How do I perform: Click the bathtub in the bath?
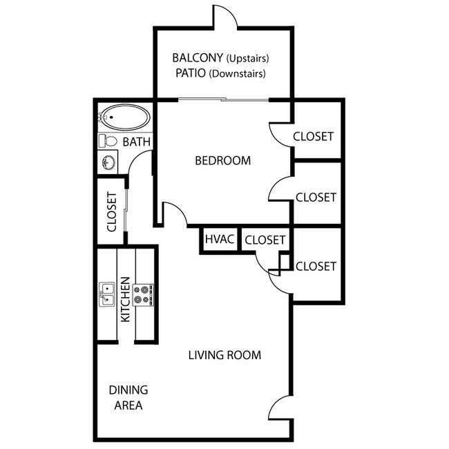click(124, 117)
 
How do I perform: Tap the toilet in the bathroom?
click(107, 141)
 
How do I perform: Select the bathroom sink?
click(108, 163)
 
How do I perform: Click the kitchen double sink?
click(108, 294)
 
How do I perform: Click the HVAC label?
click(220, 240)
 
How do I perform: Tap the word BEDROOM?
click(222, 161)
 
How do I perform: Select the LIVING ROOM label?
click(224, 356)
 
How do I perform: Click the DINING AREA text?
click(128, 398)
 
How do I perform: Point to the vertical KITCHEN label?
click(126, 300)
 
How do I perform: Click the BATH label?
click(136, 142)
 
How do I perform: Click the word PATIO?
click(190, 73)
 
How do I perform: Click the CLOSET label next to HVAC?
click(265, 240)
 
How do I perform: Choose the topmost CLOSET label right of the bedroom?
click(313, 137)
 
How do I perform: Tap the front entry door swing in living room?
click(279, 408)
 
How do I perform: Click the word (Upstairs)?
click(247, 58)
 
